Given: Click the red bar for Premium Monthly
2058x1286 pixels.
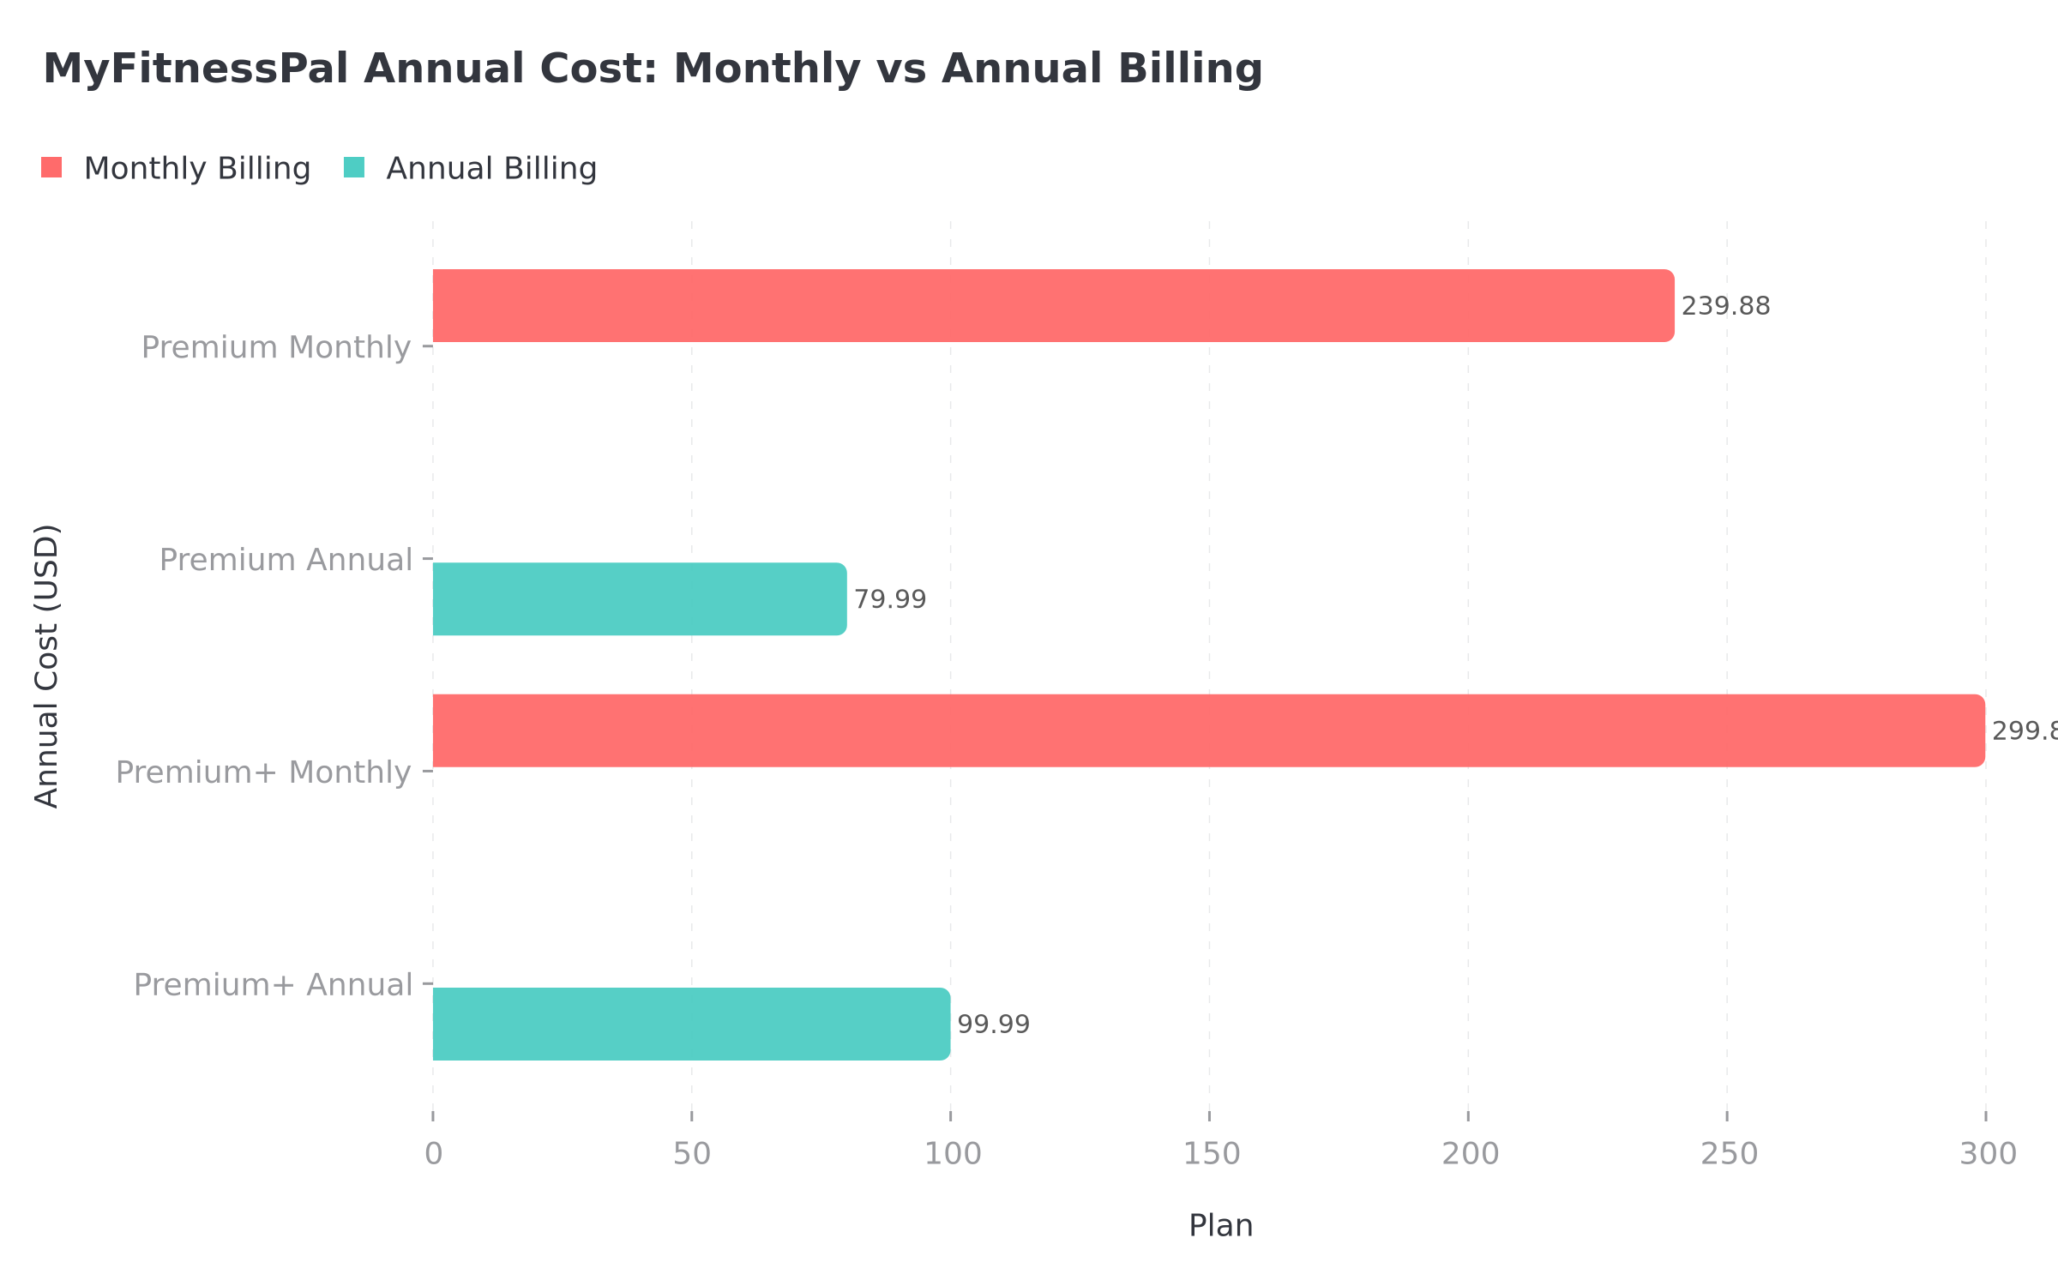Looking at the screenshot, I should [x=1053, y=306].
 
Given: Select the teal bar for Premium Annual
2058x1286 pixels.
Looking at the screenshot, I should [x=639, y=599].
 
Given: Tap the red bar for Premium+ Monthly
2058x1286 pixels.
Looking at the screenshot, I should [x=1208, y=730].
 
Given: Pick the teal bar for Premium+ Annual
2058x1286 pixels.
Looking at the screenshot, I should [x=690, y=1025].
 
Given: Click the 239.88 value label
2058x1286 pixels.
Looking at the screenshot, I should [x=1725, y=307].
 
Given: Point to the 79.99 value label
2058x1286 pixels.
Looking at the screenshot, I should [x=890, y=600].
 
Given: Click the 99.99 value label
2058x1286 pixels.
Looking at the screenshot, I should [x=993, y=1025].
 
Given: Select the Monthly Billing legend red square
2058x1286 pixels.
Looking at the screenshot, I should [x=51, y=168].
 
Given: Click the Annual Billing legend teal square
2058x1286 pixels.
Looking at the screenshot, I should [x=354, y=168].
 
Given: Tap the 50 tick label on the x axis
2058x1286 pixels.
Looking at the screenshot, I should [x=692, y=1155].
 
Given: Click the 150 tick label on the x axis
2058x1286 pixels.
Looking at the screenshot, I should [x=1211, y=1155].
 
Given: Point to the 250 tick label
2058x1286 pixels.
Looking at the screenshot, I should [x=1729, y=1155].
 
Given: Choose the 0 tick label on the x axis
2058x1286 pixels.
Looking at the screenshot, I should [x=433, y=1155].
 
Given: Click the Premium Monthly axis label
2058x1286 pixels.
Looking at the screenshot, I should [x=276, y=348].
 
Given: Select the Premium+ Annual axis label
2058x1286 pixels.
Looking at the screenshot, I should [x=273, y=985].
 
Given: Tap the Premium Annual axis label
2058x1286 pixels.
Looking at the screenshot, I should [x=286, y=561].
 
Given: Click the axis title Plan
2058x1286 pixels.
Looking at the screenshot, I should [x=1220, y=1226].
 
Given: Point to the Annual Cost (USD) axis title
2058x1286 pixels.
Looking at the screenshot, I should [x=47, y=666].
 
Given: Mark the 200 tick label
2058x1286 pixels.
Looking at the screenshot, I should [x=1470, y=1155].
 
